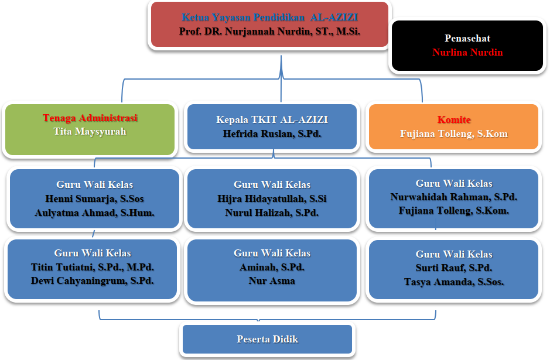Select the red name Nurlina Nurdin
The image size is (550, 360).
[x=467, y=53]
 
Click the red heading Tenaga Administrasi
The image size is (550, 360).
[x=90, y=118]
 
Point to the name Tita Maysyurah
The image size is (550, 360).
[x=90, y=132]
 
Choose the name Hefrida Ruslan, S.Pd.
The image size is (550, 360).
[x=272, y=133]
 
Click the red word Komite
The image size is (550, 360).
[x=454, y=120]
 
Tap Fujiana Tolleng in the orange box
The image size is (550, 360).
[x=454, y=133]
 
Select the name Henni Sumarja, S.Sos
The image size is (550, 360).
[x=94, y=198]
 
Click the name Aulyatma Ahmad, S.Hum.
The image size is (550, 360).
[x=94, y=212]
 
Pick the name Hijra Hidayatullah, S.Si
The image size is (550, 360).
[x=272, y=198]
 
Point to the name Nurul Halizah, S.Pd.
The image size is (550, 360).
[x=272, y=212]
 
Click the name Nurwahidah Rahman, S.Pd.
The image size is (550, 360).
[x=454, y=197]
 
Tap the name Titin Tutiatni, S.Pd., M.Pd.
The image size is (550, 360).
[x=93, y=267]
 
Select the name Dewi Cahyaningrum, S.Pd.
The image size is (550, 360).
[x=93, y=280]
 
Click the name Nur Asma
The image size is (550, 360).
[x=272, y=280]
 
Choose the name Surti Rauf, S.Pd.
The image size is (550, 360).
[x=454, y=268]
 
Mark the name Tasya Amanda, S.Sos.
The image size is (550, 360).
[x=454, y=282]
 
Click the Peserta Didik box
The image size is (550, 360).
[x=268, y=339]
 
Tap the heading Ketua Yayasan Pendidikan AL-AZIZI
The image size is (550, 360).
[x=269, y=18]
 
